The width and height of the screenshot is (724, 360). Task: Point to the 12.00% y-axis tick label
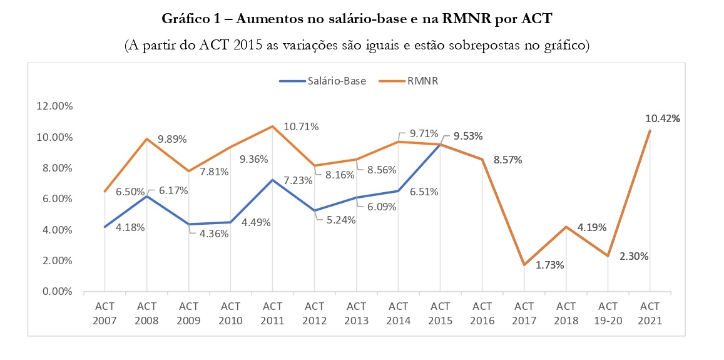point(56,106)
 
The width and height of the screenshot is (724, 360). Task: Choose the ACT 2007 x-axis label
point(105,313)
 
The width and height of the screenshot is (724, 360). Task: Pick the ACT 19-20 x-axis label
point(608,313)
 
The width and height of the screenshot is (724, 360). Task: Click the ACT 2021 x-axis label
point(650,313)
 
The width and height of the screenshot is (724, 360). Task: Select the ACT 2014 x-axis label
point(398,313)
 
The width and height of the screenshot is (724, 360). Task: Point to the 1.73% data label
point(550,265)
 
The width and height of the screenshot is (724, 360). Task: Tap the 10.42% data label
point(663,118)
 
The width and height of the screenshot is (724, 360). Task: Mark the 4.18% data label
point(130,227)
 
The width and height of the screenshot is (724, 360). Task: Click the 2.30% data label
point(634,256)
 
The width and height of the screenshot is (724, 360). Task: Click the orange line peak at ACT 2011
point(272,126)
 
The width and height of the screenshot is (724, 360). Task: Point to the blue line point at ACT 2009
point(188,224)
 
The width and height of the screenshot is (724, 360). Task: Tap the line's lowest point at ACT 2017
point(524,265)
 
